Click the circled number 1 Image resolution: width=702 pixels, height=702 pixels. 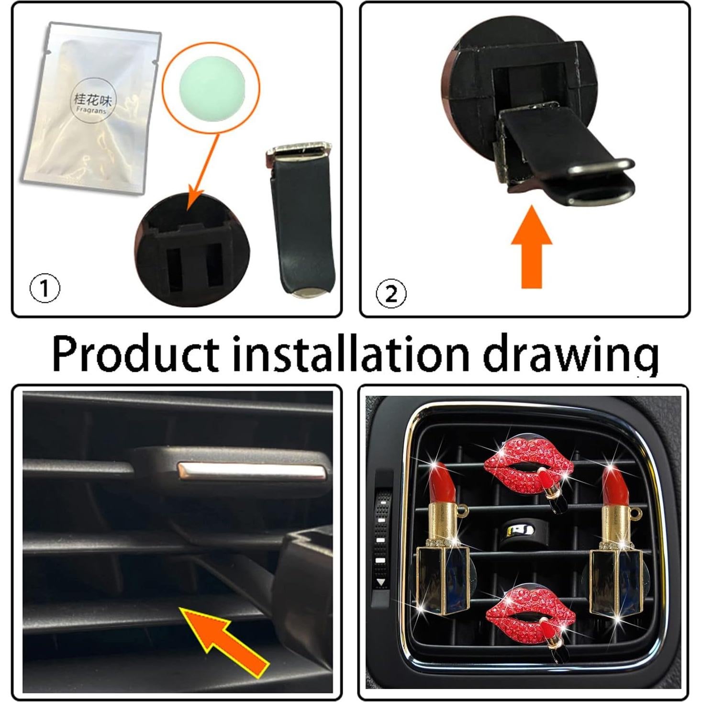tap(45, 289)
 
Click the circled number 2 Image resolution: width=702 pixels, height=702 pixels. tap(391, 293)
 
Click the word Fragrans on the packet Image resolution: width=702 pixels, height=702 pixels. tap(92, 110)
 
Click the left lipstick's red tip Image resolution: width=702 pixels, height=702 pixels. tap(441, 483)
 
